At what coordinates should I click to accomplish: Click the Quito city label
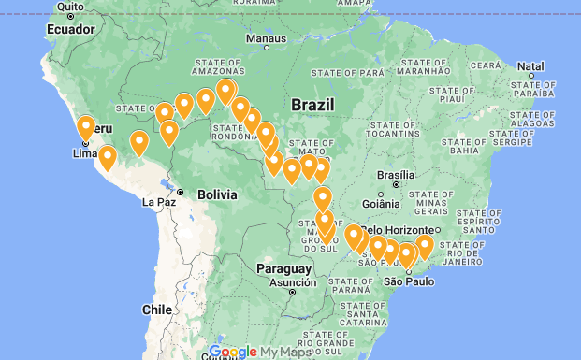click(x=71, y=7)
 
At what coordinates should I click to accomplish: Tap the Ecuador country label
click(x=70, y=29)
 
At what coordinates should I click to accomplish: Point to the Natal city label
click(x=530, y=66)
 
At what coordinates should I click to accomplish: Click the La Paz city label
click(x=159, y=201)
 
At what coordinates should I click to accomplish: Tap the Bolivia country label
click(x=217, y=194)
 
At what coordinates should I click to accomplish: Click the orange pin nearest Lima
click(x=86, y=127)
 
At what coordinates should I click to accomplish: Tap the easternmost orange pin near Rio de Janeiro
click(x=425, y=246)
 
